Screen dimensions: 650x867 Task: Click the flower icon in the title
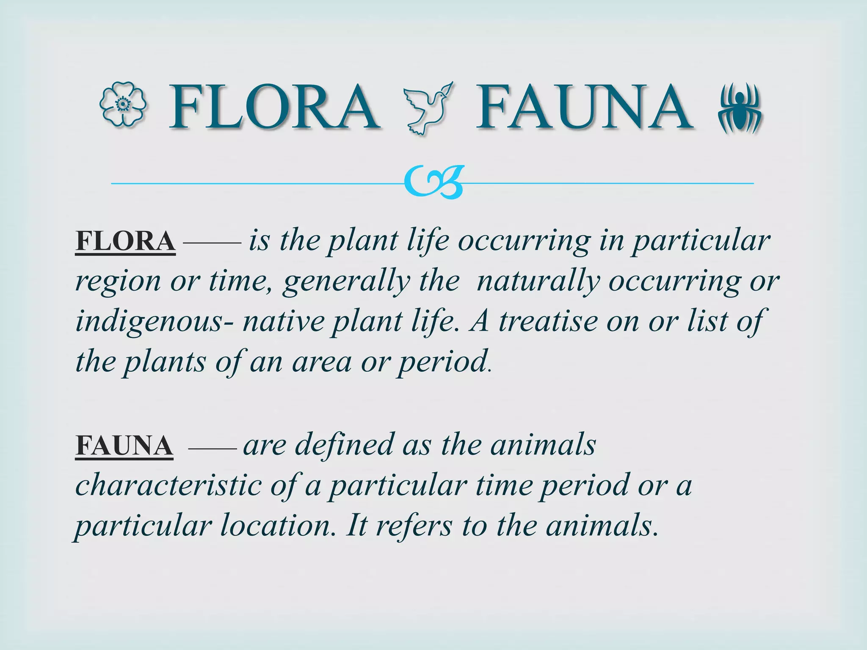pyautogui.click(x=123, y=105)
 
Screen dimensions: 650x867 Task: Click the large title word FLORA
pyautogui.click(x=274, y=107)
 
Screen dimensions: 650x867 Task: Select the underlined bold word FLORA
pyautogui.click(x=125, y=241)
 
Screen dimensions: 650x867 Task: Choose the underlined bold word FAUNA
pyautogui.click(x=124, y=446)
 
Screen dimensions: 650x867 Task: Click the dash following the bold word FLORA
pyautogui.click(x=212, y=243)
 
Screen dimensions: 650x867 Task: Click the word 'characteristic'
pyautogui.click(x=168, y=486)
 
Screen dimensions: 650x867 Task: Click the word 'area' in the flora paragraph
pyautogui.click(x=322, y=362)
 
